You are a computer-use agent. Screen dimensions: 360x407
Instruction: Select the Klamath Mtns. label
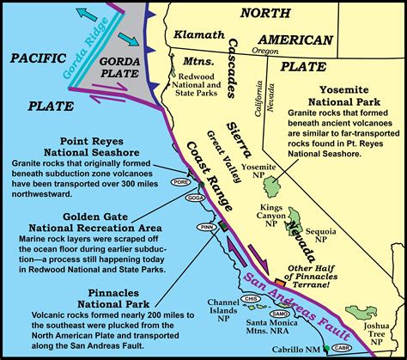[x=200, y=47]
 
